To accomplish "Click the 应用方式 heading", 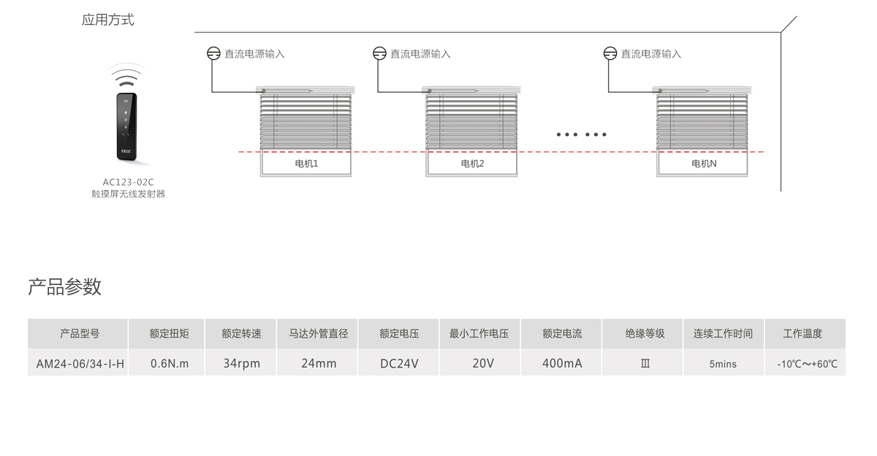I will (x=108, y=20).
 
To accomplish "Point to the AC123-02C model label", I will (x=128, y=182).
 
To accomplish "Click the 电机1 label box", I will (x=306, y=164).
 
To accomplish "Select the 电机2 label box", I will (x=472, y=164).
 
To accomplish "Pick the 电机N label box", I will (x=704, y=164).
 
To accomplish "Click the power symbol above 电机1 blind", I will (x=213, y=53).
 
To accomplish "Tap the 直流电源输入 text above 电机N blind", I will (x=651, y=54).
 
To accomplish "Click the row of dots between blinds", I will (x=582, y=134).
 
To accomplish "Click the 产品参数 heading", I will (x=64, y=286).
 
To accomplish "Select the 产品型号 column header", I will (x=79, y=334).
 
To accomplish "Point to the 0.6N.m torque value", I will (x=169, y=363).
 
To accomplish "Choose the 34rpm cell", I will (x=242, y=363).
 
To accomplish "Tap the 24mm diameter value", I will (x=319, y=363).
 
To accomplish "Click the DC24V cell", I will (x=399, y=363).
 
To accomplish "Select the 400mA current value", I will (x=562, y=363).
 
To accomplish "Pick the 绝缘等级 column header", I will (x=645, y=334).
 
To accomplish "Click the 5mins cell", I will (x=723, y=364).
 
